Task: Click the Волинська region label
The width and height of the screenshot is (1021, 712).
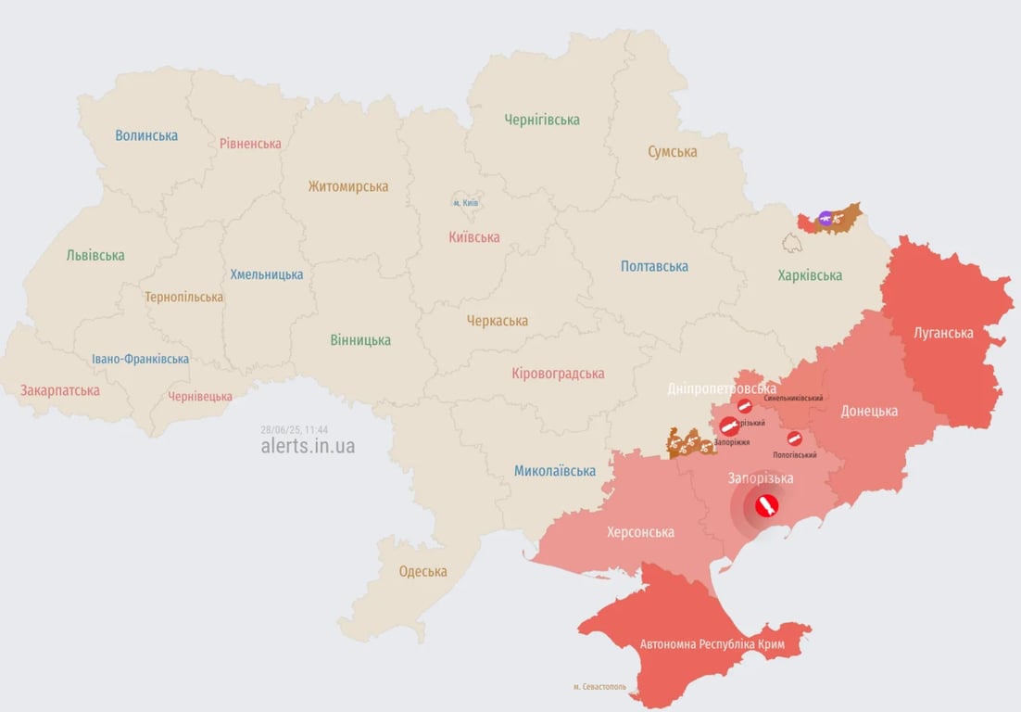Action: [x=146, y=135]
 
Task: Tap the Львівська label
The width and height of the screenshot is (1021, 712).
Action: [x=95, y=255]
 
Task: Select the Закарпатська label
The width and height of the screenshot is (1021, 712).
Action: [x=60, y=390]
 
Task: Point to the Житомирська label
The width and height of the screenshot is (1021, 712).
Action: [x=348, y=186]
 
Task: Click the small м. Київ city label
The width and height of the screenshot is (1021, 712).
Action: [x=465, y=203]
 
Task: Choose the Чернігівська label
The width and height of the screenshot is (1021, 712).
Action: [x=542, y=120]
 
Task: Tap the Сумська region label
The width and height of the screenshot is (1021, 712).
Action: [x=672, y=151]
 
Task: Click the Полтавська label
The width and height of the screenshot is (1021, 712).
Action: [x=654, y=266]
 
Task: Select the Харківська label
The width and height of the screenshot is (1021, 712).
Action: [x=810, y=275]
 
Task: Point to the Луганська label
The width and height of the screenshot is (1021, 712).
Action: [x=943, y=332]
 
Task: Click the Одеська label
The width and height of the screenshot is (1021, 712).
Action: [x=422, y=571]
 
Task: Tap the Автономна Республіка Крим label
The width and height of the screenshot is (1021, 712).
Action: [x=706, y=643]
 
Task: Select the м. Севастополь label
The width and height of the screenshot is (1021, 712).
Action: [x=599, y=687]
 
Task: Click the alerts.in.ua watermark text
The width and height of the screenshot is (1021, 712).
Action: [x=308, y=446]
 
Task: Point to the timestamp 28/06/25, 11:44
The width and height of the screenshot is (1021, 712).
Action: [x=294, y=429]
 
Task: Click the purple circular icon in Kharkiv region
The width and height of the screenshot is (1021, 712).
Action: [x=825, y=219]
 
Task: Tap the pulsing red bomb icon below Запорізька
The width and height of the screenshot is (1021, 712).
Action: [x=764, y=506]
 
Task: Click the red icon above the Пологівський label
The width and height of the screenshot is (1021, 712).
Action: [x=794, y=439]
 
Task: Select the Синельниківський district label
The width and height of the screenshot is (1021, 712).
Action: [x=793, y=398]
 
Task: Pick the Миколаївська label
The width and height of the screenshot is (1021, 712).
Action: [x=555, y=471]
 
